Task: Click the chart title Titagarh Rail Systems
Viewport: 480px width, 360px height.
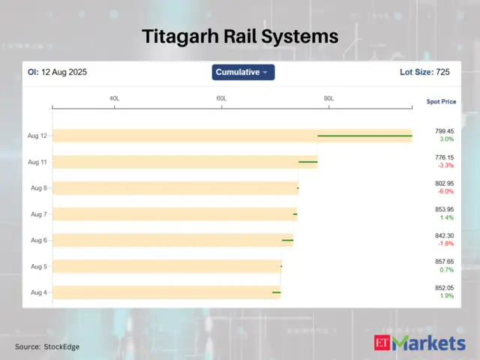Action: [240, 36]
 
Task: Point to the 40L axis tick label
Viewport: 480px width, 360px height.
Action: [115, 98]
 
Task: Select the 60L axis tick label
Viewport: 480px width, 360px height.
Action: [222, 98]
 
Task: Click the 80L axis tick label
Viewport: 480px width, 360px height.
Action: [328, 98]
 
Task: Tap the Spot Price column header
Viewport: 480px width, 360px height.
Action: [441, 101]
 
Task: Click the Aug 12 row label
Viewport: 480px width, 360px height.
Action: [37, 136]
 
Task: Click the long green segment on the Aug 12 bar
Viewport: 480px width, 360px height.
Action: [364, 136]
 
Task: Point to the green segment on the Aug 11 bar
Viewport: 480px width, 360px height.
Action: [307, 162]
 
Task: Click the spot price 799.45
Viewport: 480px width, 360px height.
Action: [445, 131]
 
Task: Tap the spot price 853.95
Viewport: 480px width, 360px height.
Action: [445, 209]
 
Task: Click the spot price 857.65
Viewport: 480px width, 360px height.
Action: [445, 262]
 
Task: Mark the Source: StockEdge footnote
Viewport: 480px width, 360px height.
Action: [46, 346]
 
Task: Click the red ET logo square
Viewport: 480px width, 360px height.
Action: [382, 343]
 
